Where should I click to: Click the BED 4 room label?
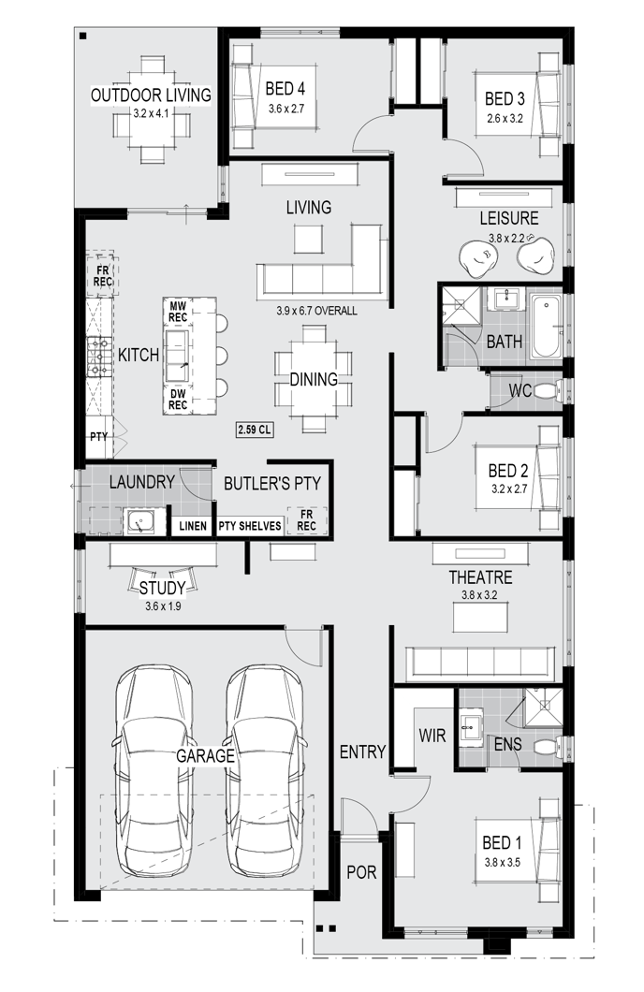coord(285,89)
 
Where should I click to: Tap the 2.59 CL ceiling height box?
coord(255,430)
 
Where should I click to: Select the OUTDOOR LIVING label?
coord(151,95)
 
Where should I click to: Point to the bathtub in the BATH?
coord(545,326)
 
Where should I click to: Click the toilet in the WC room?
coord(549,390)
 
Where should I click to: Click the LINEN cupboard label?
coord(192,526)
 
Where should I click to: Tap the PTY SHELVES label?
coord(250,526)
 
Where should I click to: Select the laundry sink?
coord(138,522)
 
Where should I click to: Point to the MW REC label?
coord(178,311)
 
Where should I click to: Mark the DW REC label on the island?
coord(178,400)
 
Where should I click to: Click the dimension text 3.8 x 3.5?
coord(503,862)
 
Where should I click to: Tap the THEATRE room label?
coord(480,577)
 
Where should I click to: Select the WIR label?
coord(432,736)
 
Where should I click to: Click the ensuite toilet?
coord(548,747)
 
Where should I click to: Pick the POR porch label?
coord(361,872)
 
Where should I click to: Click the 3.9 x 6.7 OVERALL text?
coord(316,311)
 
